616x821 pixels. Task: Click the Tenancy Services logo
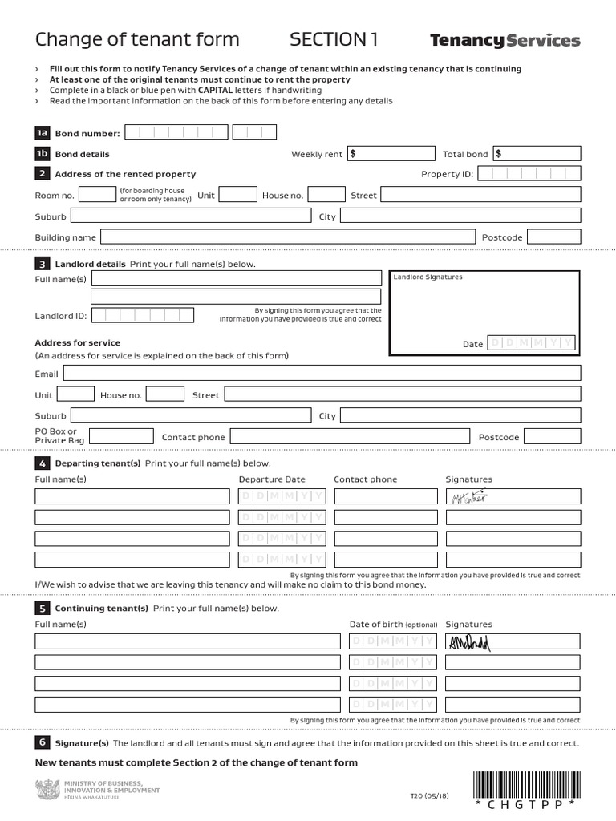click(x=505, y=41)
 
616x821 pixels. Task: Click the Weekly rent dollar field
click(x=391, y=154)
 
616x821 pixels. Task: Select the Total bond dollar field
click(x=537, y=154)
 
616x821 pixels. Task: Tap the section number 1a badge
click(x=42, y=133)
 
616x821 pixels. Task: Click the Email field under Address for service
click(x=322, y=373)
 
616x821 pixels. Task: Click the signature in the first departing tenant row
click(x=468, y=497)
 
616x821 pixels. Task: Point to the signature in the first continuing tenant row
click(x=468, y=641)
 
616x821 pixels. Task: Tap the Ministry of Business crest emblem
click(x=47, y=790)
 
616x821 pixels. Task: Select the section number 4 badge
click(x=42, y=463)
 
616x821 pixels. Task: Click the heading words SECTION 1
click(x=334, y=40)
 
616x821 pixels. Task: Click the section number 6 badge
click(x=42, y=742)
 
